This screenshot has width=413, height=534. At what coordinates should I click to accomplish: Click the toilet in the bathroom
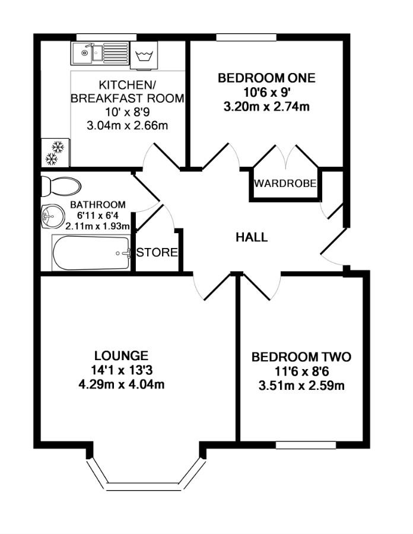(61, 186)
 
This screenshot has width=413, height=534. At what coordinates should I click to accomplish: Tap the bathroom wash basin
(53, 216)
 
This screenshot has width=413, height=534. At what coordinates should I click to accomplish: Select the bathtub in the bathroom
(91, 253)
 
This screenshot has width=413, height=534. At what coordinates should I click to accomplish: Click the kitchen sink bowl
(81, 53)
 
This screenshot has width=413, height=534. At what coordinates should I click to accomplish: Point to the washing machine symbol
(144, 55)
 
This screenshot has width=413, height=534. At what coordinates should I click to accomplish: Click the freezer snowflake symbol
(55, 152)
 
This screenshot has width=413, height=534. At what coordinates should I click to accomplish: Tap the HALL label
(252, 237)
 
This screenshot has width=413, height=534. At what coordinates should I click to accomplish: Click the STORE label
(157, 252)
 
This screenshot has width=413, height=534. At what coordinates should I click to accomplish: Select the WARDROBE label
(285, 183)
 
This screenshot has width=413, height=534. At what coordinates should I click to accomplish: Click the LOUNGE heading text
(121, 355)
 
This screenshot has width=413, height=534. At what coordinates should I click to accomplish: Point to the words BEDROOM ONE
(266, 78)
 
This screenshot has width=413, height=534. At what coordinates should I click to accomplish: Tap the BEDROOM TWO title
(301, 357)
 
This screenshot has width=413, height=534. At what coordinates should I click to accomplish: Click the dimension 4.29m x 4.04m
(122, 384)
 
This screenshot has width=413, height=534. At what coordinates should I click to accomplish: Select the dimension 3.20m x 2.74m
(266, 107)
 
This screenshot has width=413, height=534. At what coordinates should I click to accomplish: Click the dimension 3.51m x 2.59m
(301, 386)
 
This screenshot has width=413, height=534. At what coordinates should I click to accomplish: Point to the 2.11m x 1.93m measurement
(98, 226)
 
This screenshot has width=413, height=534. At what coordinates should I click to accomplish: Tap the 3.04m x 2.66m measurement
(128, 126)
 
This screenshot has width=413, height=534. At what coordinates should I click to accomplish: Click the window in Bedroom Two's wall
(306, 445)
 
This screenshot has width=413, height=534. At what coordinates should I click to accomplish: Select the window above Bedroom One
(246, 37)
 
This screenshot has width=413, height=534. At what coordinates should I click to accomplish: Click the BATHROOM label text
(98, 205)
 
